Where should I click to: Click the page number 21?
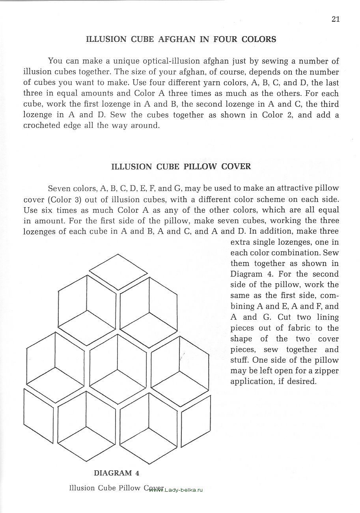(x=336, y=19)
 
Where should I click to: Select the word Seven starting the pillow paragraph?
(x=59, y=188)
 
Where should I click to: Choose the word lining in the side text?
(x=326, y=317)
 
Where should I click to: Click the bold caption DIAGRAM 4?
(x=116, y=473)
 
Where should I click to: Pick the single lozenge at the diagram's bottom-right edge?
(x=196, y=414)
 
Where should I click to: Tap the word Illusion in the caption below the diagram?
(x=82, y=488)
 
